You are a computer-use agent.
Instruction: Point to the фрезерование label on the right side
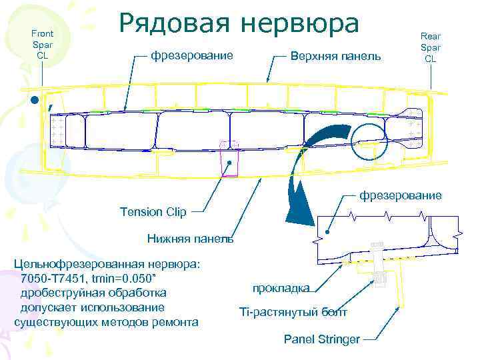(400, 195)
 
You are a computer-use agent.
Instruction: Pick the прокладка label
(281, 288)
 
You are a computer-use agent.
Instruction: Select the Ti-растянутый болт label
(293, 312)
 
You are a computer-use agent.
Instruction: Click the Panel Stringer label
(321, 339)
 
